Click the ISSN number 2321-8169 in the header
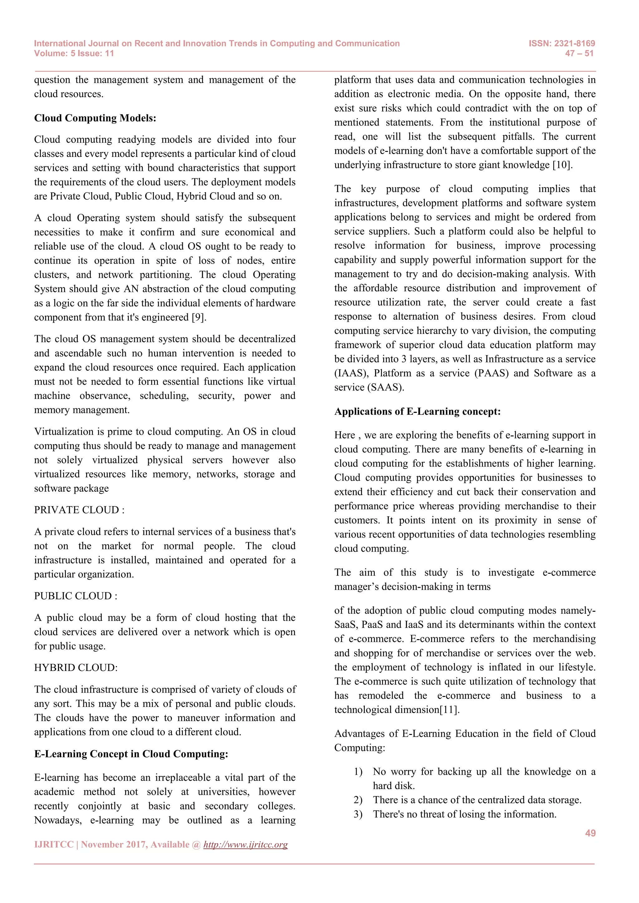(574, 43)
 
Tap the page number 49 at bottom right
(590, 833)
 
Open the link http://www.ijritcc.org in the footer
(245, 844)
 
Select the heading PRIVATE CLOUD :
(79, 510)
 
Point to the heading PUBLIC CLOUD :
(76, 596)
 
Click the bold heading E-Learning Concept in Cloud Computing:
(131, 754)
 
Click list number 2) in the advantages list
(358, 800)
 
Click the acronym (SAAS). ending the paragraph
(386, 387)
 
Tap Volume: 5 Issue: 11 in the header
(74, 54)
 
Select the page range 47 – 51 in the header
(579, 54)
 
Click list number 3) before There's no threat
(358, 814)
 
